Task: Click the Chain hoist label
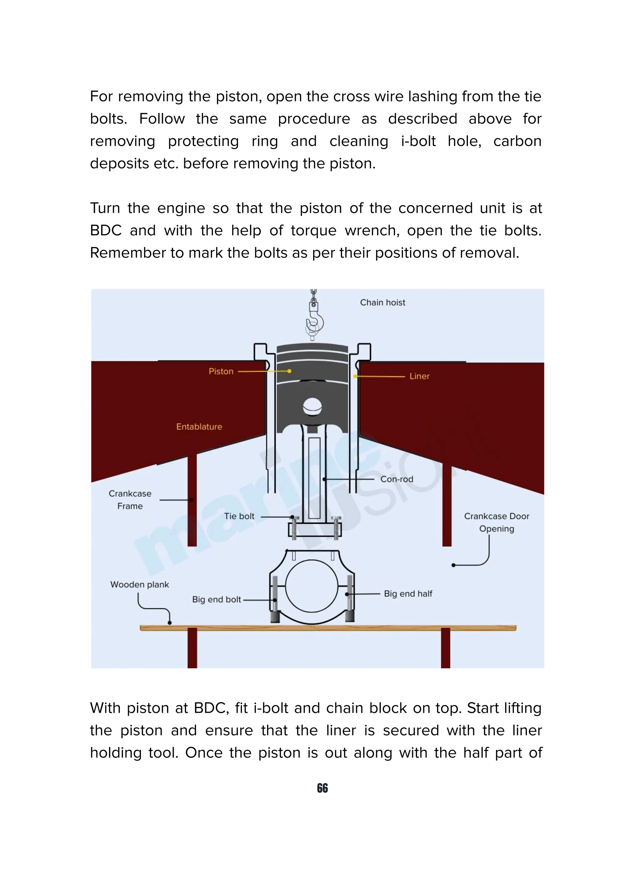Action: [x=382, y=302]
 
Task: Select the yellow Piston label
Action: [x=221, y=372]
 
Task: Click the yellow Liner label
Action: [x=419, y=376]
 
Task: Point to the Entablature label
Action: [x=199, y=426]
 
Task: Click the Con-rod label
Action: [x=397, y=479]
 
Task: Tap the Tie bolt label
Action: [x=239, y=516]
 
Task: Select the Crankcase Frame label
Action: [x=130, y=500]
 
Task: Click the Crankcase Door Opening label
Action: [x=496, y=522]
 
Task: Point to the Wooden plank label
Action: [x=140, y=584]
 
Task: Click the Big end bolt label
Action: [x=216, y=599]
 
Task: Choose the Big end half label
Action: [x=408, y=594]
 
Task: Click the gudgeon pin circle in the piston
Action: [x=312, y=407]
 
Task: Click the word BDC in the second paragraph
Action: [x=106, y=230]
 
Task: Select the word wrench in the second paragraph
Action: [x=372, y=230]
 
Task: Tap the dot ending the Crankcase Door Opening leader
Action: [x=453, y=565]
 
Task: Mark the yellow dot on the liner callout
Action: [x=355, y=376]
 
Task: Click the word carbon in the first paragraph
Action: [x=517, y=141]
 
